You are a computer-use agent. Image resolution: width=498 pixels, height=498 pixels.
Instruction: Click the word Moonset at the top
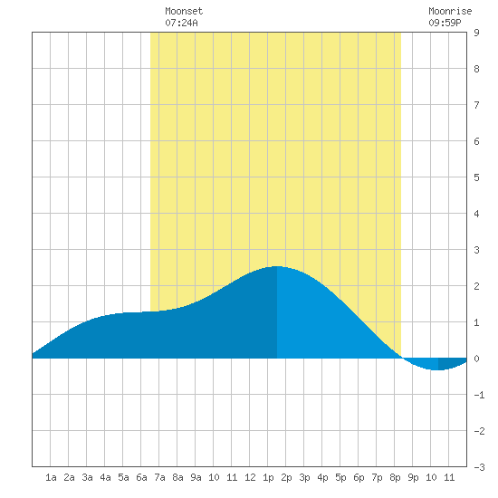click(184, 11)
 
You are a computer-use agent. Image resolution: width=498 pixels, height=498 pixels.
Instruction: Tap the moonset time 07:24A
click(181, 23)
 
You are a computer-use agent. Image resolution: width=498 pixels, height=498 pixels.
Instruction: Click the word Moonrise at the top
click(450, 11)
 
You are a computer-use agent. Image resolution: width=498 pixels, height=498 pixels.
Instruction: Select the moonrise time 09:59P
click(445, 23)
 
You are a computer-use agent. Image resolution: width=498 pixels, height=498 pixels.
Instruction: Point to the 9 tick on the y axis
click(476, 33)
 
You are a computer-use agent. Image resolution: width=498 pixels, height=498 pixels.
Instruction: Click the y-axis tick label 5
click(476, 177)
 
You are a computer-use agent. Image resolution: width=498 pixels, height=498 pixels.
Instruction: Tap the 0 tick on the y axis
click(476, 359)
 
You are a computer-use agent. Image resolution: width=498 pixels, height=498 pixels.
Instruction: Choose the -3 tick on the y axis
click(479, 467)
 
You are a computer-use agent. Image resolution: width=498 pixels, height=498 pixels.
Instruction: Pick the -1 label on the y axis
click(479, 395)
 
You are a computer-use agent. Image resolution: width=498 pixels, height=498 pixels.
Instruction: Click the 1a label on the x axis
click(51, 477)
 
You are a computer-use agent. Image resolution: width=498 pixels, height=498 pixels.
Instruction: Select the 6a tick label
click(141, 477)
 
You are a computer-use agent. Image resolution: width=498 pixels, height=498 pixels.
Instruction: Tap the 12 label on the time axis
click(250, 477)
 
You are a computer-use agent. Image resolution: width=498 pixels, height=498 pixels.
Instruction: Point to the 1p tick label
click(268, 477)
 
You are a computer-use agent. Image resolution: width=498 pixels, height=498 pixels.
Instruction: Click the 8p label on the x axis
click(395, 477)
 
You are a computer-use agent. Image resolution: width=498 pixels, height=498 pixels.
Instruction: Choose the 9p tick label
click(413, 477)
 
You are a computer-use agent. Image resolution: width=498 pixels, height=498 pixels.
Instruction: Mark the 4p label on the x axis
click(322, 477)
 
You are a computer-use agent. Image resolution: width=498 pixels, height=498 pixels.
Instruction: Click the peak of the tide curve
click(277, 266)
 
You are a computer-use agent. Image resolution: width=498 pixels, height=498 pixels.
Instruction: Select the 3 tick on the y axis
click(476, 250)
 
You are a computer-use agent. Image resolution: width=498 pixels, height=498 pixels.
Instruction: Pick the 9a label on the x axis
click(196, 477)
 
